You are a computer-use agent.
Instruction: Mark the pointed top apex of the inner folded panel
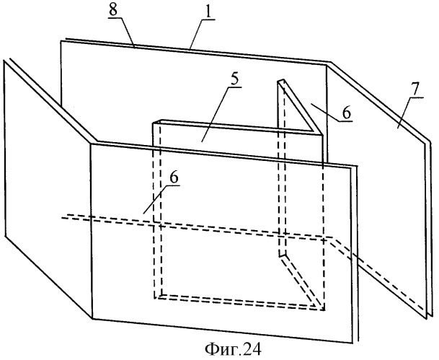(x=280, y=79)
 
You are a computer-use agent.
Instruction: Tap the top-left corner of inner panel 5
(x=154, y=124)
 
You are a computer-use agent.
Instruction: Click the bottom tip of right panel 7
(x=430, y=317)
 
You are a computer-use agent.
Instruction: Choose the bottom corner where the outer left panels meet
(x=92, y=318)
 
